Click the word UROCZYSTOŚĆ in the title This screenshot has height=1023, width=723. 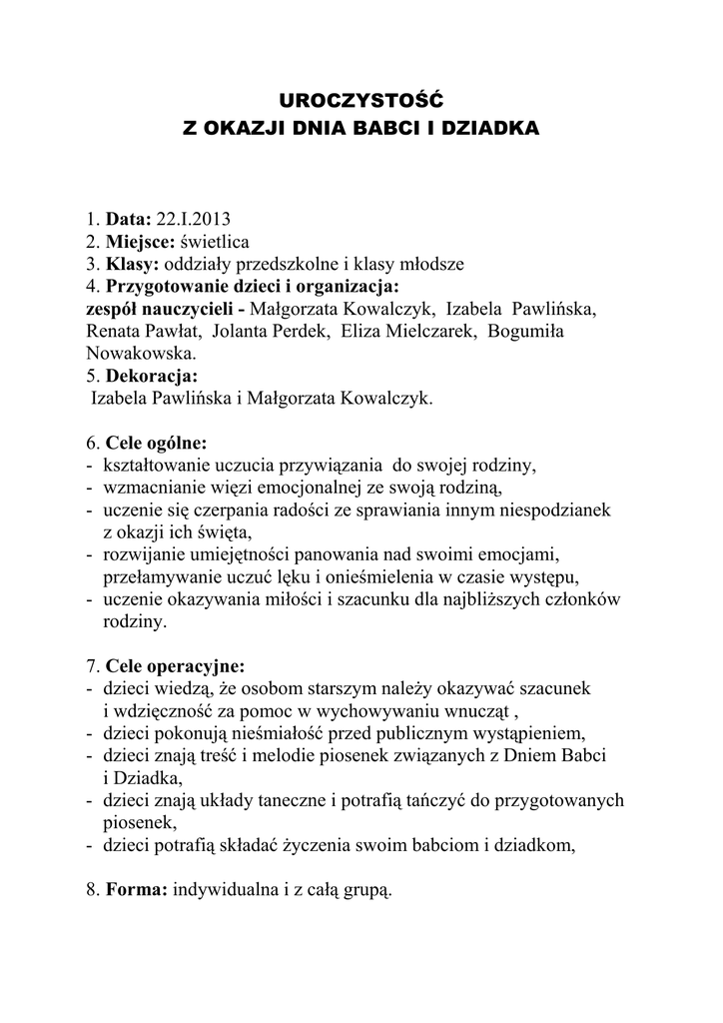point(360,100)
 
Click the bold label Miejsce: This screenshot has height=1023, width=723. point(140,242)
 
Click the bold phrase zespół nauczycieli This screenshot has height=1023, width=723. point(160,309)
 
